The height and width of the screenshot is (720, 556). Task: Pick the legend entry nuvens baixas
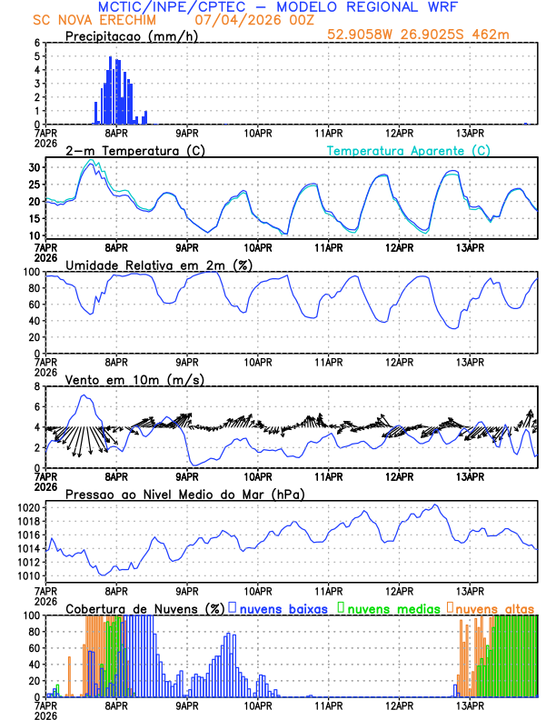(283, 608)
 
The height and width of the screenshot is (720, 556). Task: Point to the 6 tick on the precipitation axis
(35, 43)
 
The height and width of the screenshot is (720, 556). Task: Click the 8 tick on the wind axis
(35, 386)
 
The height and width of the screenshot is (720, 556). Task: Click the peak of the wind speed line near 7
(84, 395)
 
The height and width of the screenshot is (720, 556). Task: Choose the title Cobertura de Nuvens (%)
(143, 608)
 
